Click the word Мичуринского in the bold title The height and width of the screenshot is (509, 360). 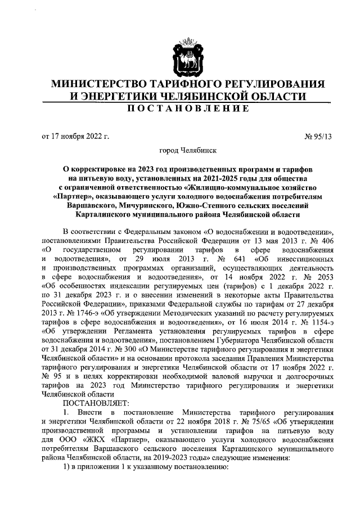160,205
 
